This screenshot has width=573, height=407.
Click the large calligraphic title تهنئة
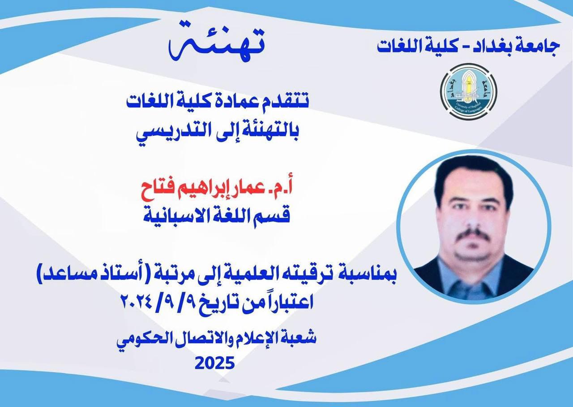216,43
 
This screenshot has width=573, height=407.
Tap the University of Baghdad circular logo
468,91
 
